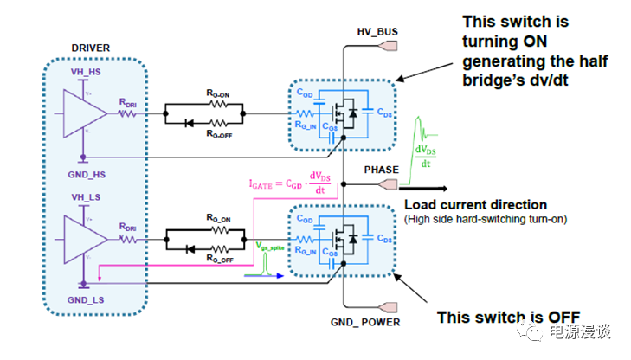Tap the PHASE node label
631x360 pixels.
[378, 170]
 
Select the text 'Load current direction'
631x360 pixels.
[475, 205]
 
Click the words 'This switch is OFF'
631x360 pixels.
[508, 316]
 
